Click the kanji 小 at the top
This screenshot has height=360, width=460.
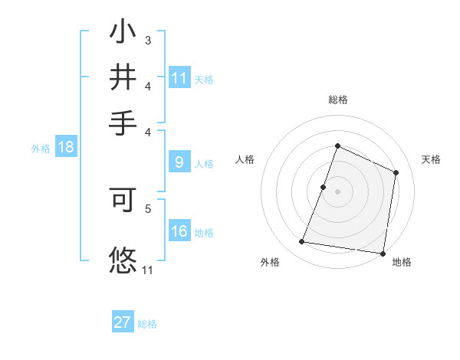pyautogui.click(x=123, y=32)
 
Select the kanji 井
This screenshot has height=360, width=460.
pyautogui.click(x=123, y=77)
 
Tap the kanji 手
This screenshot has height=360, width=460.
pyautogui.click(x=123, y=123)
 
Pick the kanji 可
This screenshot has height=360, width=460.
pyautogui.click(x=123, y=201)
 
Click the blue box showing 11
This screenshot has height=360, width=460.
pyautogui.click(x=179, y=78)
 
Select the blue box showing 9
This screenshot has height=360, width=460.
pyautogui.click(x=179, y=162)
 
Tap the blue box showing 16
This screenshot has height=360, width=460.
pyautogui.click(x=179, y=232)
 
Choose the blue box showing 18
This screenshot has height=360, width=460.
pyautogui.click(x=66, y=148)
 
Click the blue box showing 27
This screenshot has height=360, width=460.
pyautogui.click(x=123, y=322)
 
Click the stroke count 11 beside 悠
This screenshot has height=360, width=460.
pyautogui.click(x=148, y=270)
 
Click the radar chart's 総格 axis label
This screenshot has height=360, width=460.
pyautogui.click(x=337, y=100)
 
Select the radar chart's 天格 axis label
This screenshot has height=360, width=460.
pyautogui.click(x=431, y=159)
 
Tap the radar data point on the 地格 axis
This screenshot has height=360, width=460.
pyautogui.click(x=383, y=254)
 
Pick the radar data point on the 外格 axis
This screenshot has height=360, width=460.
pyautogui.click(x=302, y=242)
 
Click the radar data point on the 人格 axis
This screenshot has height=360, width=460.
pyautogui.click(x=324, y=187)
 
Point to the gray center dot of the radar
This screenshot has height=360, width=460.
pyautogui.click(x=337, y=191)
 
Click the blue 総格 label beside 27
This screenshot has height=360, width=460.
pyautogui.click(x=147, y=324)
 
